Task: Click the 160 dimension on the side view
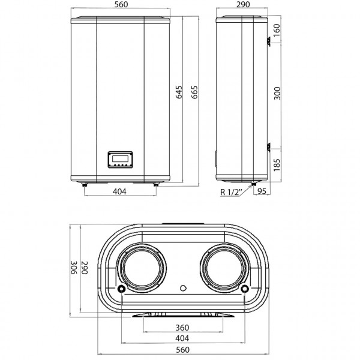tap(277, 29)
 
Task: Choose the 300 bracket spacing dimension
tap(277, 93)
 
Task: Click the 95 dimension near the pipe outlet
tap(262, 192)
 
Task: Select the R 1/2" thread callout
tap(230, 192)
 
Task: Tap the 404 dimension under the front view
tap(121, 192)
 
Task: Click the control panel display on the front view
tap(121, 160)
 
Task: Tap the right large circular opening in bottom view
tap(223, 269)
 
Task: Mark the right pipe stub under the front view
tap(157, 185)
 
